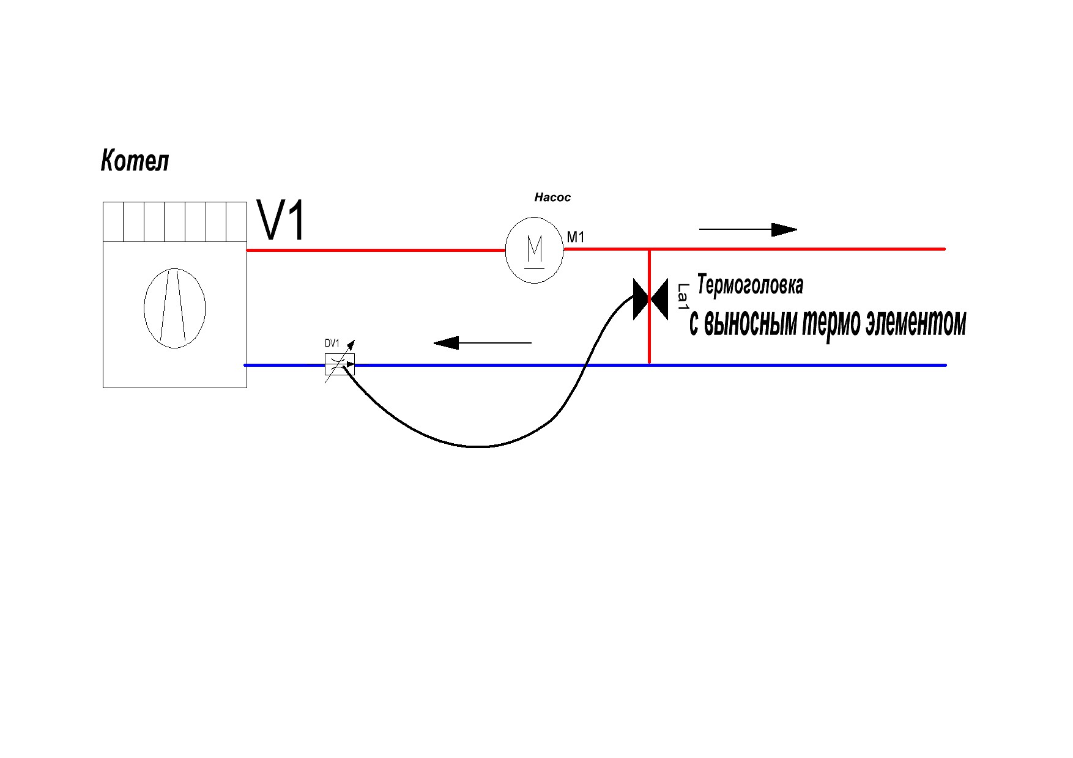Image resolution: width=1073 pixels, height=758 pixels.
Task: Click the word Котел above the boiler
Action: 135,161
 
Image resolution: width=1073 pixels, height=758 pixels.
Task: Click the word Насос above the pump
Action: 552,197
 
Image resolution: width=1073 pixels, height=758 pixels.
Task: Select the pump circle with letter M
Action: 534,250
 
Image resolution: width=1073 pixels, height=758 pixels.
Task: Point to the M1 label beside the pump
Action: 576,237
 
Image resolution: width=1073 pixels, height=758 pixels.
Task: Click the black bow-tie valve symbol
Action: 650,300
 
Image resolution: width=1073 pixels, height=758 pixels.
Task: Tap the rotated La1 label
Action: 683,296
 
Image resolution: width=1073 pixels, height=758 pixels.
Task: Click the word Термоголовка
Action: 750,285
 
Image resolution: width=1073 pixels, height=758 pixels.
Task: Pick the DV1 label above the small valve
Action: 332,344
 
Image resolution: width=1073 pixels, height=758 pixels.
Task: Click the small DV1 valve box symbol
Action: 340,364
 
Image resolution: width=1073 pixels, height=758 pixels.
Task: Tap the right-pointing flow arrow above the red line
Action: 748,230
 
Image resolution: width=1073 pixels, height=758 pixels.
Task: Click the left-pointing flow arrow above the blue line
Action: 483,343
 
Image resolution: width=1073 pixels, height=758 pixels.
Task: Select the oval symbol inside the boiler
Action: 174,308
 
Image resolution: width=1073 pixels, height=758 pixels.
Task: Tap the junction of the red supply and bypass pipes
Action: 649,249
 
